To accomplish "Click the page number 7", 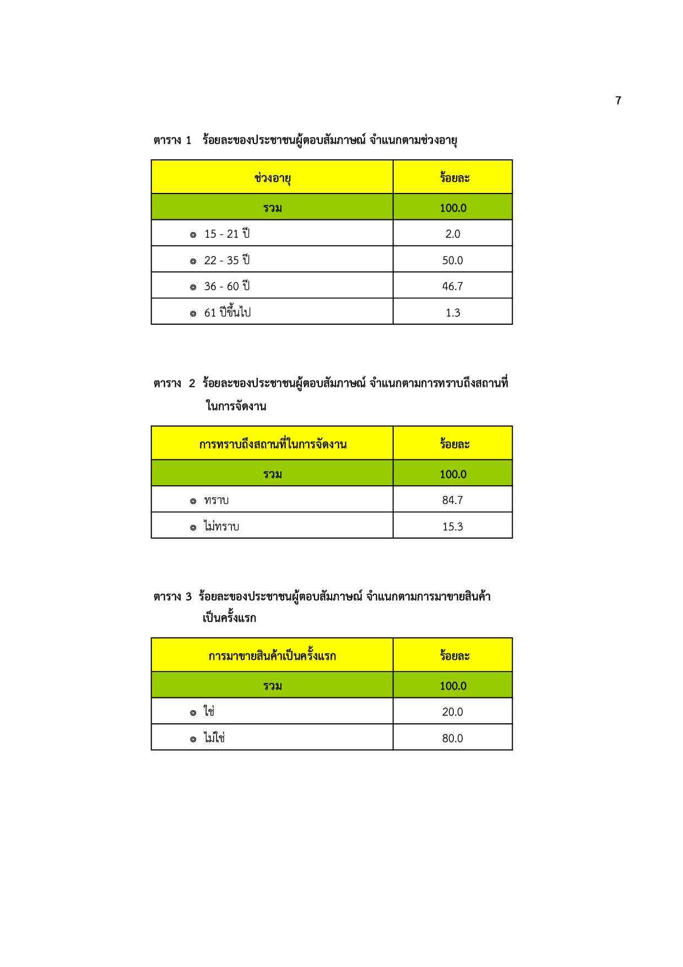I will [x=618, y=101].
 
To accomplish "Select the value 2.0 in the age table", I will [x=452, y=234].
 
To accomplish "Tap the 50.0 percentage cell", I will [x=452, y=260].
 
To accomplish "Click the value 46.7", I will [x=452, y=286].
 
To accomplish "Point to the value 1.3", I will [x=452, y=313].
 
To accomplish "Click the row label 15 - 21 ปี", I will [x=226, y=234].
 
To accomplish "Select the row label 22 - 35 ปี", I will [x=226, y=260].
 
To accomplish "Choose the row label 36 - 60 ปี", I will [x=226, y=286].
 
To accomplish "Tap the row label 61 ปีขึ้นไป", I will [x=227, y=313].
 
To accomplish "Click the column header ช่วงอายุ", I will [x=273, y=178].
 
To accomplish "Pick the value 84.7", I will [x=452, y=500].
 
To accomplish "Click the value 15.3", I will [x=452, y=527].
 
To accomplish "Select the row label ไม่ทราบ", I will [x=221, y=527].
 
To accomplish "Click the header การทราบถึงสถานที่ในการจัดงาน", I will [x=273, y=444].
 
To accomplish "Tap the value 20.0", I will [x=452, y=712].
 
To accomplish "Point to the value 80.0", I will [x=452, y=738].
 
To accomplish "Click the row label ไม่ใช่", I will [x=214, y=738].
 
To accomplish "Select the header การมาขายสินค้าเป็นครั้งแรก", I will [x=272, y=656].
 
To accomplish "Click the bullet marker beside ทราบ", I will [x=193, y=501].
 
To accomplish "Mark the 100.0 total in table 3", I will [x=453, y=686].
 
